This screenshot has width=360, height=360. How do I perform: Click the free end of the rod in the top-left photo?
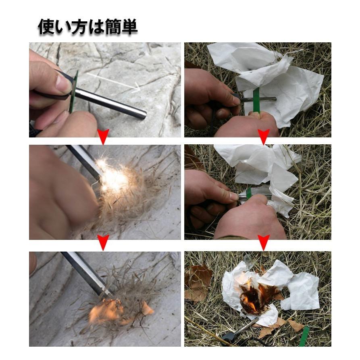(x=144, y=114)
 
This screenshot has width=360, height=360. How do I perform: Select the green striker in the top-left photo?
(x=73, y=92)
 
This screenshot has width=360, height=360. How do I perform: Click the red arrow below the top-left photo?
(x=103, y=136)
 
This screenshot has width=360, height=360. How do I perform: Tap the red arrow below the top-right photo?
(x=264, y=136)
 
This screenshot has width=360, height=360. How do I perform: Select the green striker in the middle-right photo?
(x=249, y=193)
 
